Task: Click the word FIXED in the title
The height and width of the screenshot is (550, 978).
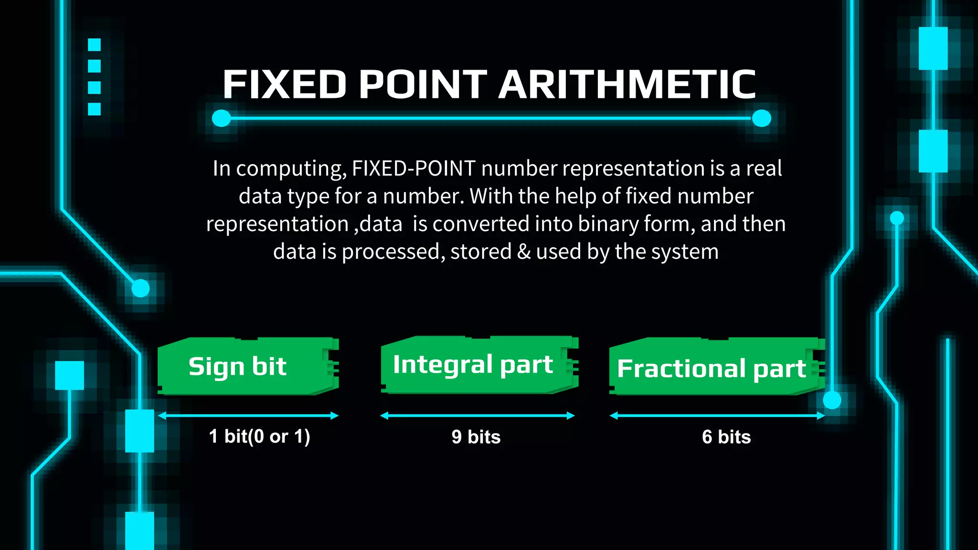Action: pyautogui.click(x=285, y=85)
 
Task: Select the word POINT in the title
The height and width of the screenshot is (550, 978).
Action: pyautogui.click(x=423, y=85)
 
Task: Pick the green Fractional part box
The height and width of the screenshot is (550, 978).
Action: pyautogui.click(x=716, y=367)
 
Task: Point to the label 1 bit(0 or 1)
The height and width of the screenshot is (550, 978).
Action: pyautogui.click(x=259, y=436)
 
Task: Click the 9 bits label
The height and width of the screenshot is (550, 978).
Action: pyautogui.click(x=476, y=437)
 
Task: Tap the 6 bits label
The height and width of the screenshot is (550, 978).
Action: pyautogui.click(x=726, y=437)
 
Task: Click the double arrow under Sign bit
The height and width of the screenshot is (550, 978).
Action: pyautogui.click(x=248, y=416)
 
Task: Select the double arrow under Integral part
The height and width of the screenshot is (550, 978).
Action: pyautogui.click(x=477, y=416)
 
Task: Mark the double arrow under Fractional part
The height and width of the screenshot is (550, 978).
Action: pyautogui.click(x=717, y=416)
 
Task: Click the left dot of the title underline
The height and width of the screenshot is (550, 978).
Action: pyautogui.click(x=221, y=118)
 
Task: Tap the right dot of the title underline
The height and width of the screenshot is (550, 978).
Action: pyautogui.click(x=761, y=118)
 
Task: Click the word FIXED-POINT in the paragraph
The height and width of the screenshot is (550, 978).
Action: pyautogui.click(x=414, y=169)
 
